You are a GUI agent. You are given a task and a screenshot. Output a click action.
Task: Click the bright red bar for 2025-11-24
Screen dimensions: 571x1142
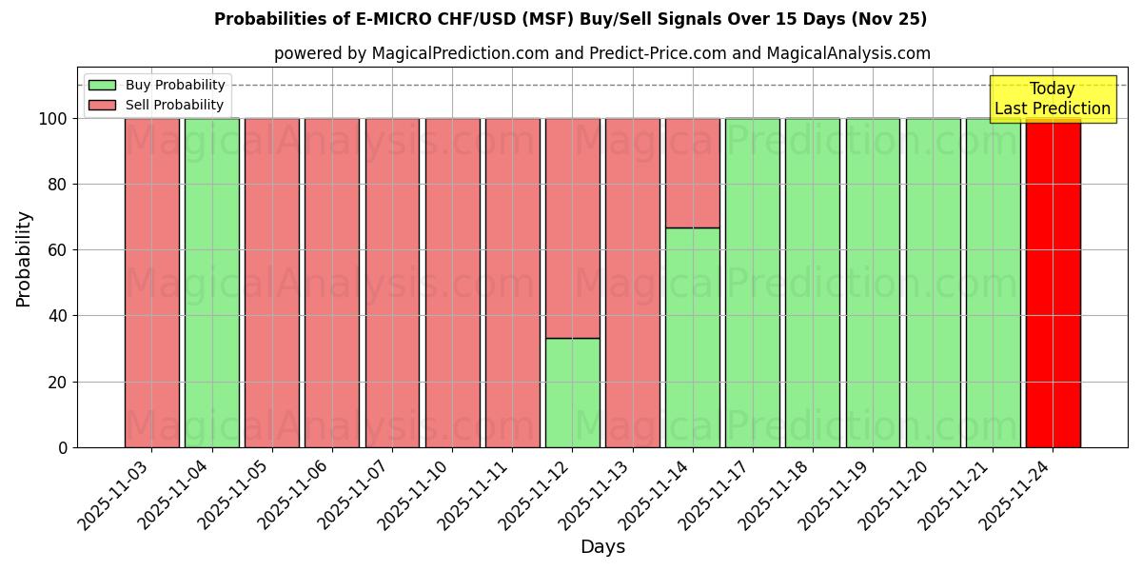click(1053, 283)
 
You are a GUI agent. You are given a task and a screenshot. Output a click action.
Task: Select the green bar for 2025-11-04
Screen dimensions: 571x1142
click(212, 283)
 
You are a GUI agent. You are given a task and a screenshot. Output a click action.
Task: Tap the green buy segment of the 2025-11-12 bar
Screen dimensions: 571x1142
click(572, 392)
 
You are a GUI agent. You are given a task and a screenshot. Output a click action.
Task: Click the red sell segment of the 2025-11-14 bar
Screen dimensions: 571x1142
click(692, 173)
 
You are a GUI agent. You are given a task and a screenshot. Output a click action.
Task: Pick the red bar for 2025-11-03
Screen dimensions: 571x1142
click(152, 283)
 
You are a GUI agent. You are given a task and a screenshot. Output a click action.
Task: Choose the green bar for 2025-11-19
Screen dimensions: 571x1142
click(873, 283)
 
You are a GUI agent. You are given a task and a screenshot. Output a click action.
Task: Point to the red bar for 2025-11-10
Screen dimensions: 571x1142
click(452, 283)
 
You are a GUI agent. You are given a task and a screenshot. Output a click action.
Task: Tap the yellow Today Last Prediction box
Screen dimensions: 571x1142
click(1052, 99)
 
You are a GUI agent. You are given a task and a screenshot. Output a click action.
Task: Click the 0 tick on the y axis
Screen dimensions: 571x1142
click(63, 447)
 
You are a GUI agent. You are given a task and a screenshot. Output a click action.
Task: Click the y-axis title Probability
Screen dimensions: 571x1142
click(24, 258)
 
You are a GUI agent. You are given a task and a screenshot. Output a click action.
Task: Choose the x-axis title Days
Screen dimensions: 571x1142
click(602, 547)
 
